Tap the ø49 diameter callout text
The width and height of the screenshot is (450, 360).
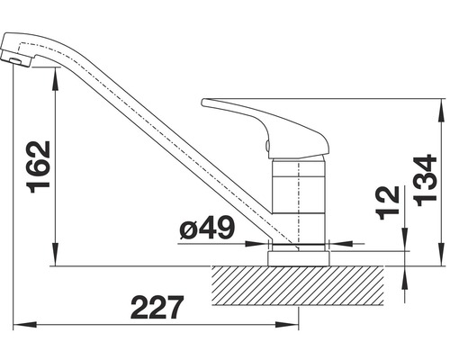(x=207, y=229)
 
